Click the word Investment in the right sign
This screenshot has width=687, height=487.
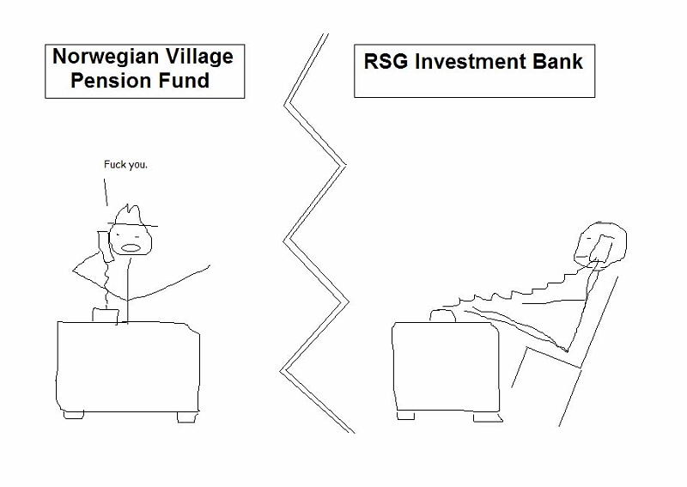click(x=470, y=61)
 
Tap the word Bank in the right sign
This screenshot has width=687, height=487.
click(x=557, y=61)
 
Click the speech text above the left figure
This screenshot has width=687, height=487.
click(x=125, y=165)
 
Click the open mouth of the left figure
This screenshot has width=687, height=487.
click(x=131, y=247)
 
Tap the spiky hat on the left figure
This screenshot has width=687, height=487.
click(x=131, y=216)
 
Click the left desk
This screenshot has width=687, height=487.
click(x=127, y=368)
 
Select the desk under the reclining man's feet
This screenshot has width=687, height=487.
click(x=446, y=368)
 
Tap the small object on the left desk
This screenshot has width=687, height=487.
click(x=106, y=315)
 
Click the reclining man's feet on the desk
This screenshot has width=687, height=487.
click(x=442, y=315)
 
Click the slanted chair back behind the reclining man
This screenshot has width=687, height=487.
click(x=588, y=350)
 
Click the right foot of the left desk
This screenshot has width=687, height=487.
click(x=186, y=417)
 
